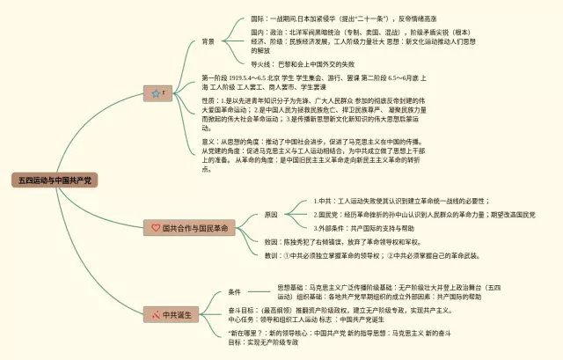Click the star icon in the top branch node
(x=155, y=92)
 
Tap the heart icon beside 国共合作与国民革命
(x=156, y=227)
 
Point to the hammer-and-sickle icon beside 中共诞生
(x=155, y=313)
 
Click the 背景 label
(x=208, y=41)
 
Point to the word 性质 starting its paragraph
(x=211, y=102)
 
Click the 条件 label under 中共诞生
(x=234, y=291)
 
